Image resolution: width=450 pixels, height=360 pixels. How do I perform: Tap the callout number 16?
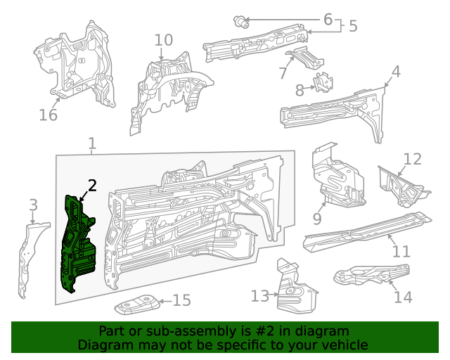point(48,115)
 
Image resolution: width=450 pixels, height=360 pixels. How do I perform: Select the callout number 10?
point(162,40)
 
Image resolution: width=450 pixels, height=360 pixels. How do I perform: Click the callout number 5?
point(352,27)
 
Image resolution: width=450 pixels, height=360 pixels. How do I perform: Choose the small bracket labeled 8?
point(323,82)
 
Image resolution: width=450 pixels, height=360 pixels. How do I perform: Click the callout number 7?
point(283,72)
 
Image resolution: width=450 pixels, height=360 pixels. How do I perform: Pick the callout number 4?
point(396,72)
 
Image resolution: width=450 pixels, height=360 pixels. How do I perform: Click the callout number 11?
point(400,251)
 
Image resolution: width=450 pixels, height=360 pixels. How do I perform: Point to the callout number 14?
point(402,297)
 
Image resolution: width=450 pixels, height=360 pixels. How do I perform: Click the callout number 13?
point(259,296)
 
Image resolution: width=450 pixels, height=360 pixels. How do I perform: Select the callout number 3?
point(32,205)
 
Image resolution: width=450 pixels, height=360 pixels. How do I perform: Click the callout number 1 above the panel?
point(92,145)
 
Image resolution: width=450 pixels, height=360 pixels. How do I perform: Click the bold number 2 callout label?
point(92,186)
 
